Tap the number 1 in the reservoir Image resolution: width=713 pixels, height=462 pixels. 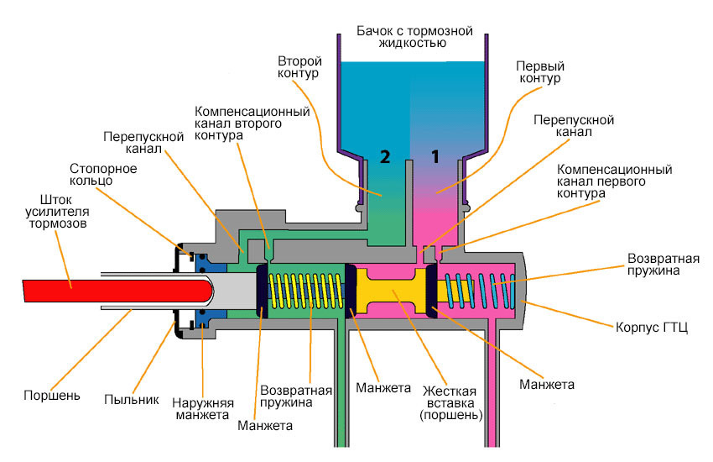(x=435, y=155)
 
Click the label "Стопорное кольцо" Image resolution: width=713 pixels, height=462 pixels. (x=104, y=174)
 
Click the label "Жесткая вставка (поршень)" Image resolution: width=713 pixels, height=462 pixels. (x=449, y=402)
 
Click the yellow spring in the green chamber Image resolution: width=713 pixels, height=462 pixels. (x=310, y=289)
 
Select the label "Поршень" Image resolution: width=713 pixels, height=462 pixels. (x=52, y=395)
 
